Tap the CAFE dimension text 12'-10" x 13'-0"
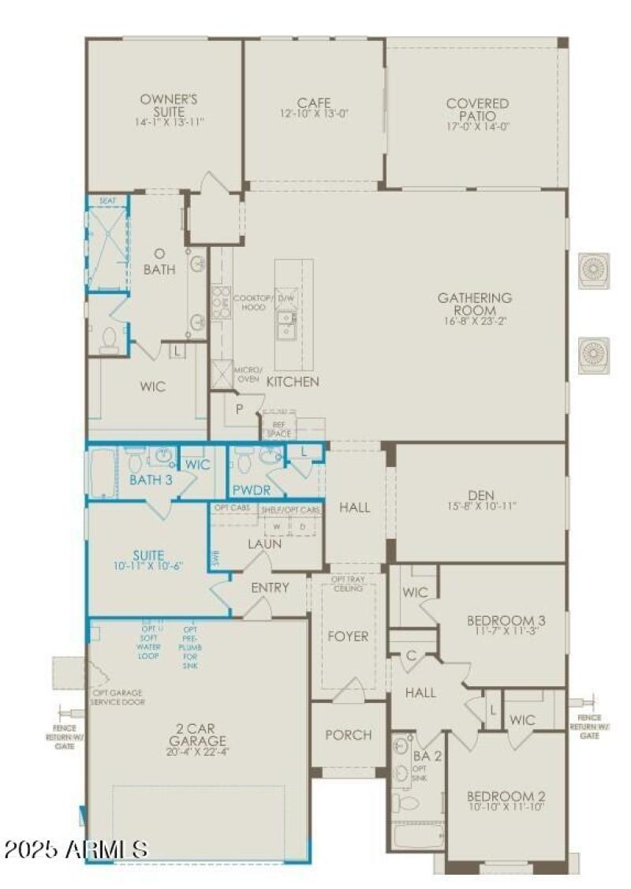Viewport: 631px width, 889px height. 313,114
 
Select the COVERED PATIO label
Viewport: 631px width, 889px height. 477,110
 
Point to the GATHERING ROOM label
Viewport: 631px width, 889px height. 475,304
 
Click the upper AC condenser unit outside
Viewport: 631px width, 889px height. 594,271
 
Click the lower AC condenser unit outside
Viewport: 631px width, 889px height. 594,355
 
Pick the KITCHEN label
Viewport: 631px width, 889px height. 293,382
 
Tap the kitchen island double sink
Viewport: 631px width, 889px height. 286,324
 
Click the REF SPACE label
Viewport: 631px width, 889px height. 278,430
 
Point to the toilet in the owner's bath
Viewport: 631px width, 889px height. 108,339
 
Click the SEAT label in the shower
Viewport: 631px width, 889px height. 107,201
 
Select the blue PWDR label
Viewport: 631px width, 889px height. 246,489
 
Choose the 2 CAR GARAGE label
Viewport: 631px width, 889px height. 197,734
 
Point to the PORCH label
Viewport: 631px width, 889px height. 348,734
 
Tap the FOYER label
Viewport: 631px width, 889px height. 348,636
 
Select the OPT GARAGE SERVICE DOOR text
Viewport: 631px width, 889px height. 118,697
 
